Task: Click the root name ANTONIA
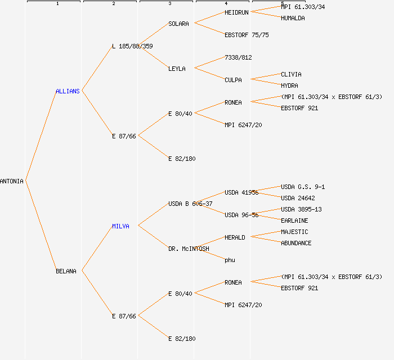12,181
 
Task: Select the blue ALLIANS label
68,91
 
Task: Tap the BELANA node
66,271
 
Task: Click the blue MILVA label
120,226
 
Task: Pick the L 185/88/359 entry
132,46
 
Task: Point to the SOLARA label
178,24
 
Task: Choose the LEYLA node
177,69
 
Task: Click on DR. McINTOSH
189,249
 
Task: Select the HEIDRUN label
236,12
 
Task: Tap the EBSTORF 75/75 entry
247,35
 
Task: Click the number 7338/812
238,57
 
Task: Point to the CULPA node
233,80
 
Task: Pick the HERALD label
235,237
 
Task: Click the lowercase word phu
230,260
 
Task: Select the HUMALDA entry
293,18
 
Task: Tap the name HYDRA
289,85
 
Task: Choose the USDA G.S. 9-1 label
303,187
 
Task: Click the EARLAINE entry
294,220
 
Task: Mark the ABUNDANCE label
296,243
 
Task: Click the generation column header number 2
113,4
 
